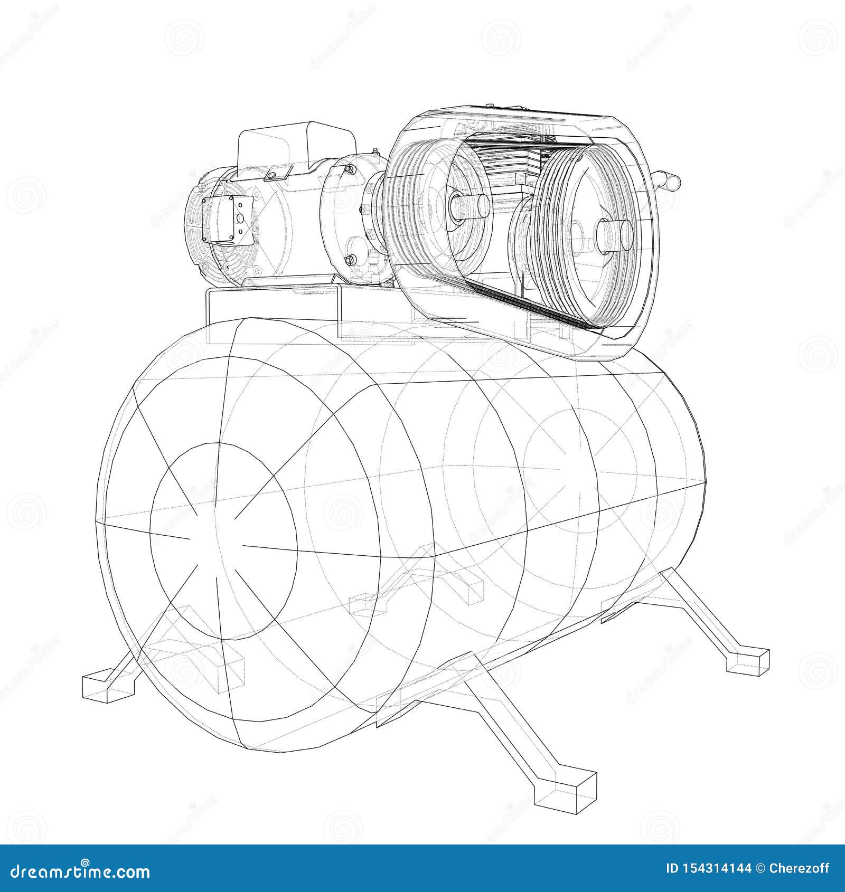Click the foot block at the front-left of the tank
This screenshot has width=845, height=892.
109,687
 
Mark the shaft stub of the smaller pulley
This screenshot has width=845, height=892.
469,206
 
